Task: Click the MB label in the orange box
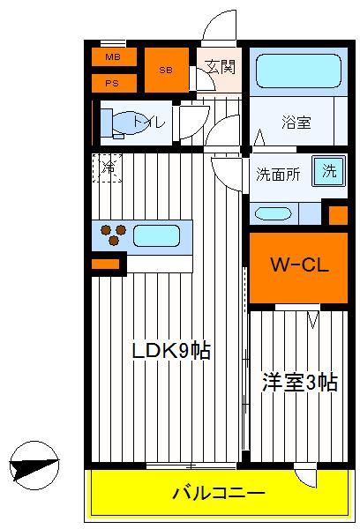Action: pos(113,56)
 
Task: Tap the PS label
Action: pos(112,83)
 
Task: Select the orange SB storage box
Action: pos(167,70)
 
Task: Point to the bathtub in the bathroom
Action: pos(298,71)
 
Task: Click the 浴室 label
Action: pos(296,123)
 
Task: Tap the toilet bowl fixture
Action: pos(125,123)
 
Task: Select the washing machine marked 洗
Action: pos(329,171)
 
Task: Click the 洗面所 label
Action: pos(278,174)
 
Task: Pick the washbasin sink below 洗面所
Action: pos(273,213)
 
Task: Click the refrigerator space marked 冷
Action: pos(107,168)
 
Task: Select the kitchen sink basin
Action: pos(156,235)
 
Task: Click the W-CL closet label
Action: pos(300,265)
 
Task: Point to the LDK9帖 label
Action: pos(171,351)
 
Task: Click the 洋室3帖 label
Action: pos(300,383)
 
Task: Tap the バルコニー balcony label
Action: pos(219,493)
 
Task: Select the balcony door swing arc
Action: pos(305,477)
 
